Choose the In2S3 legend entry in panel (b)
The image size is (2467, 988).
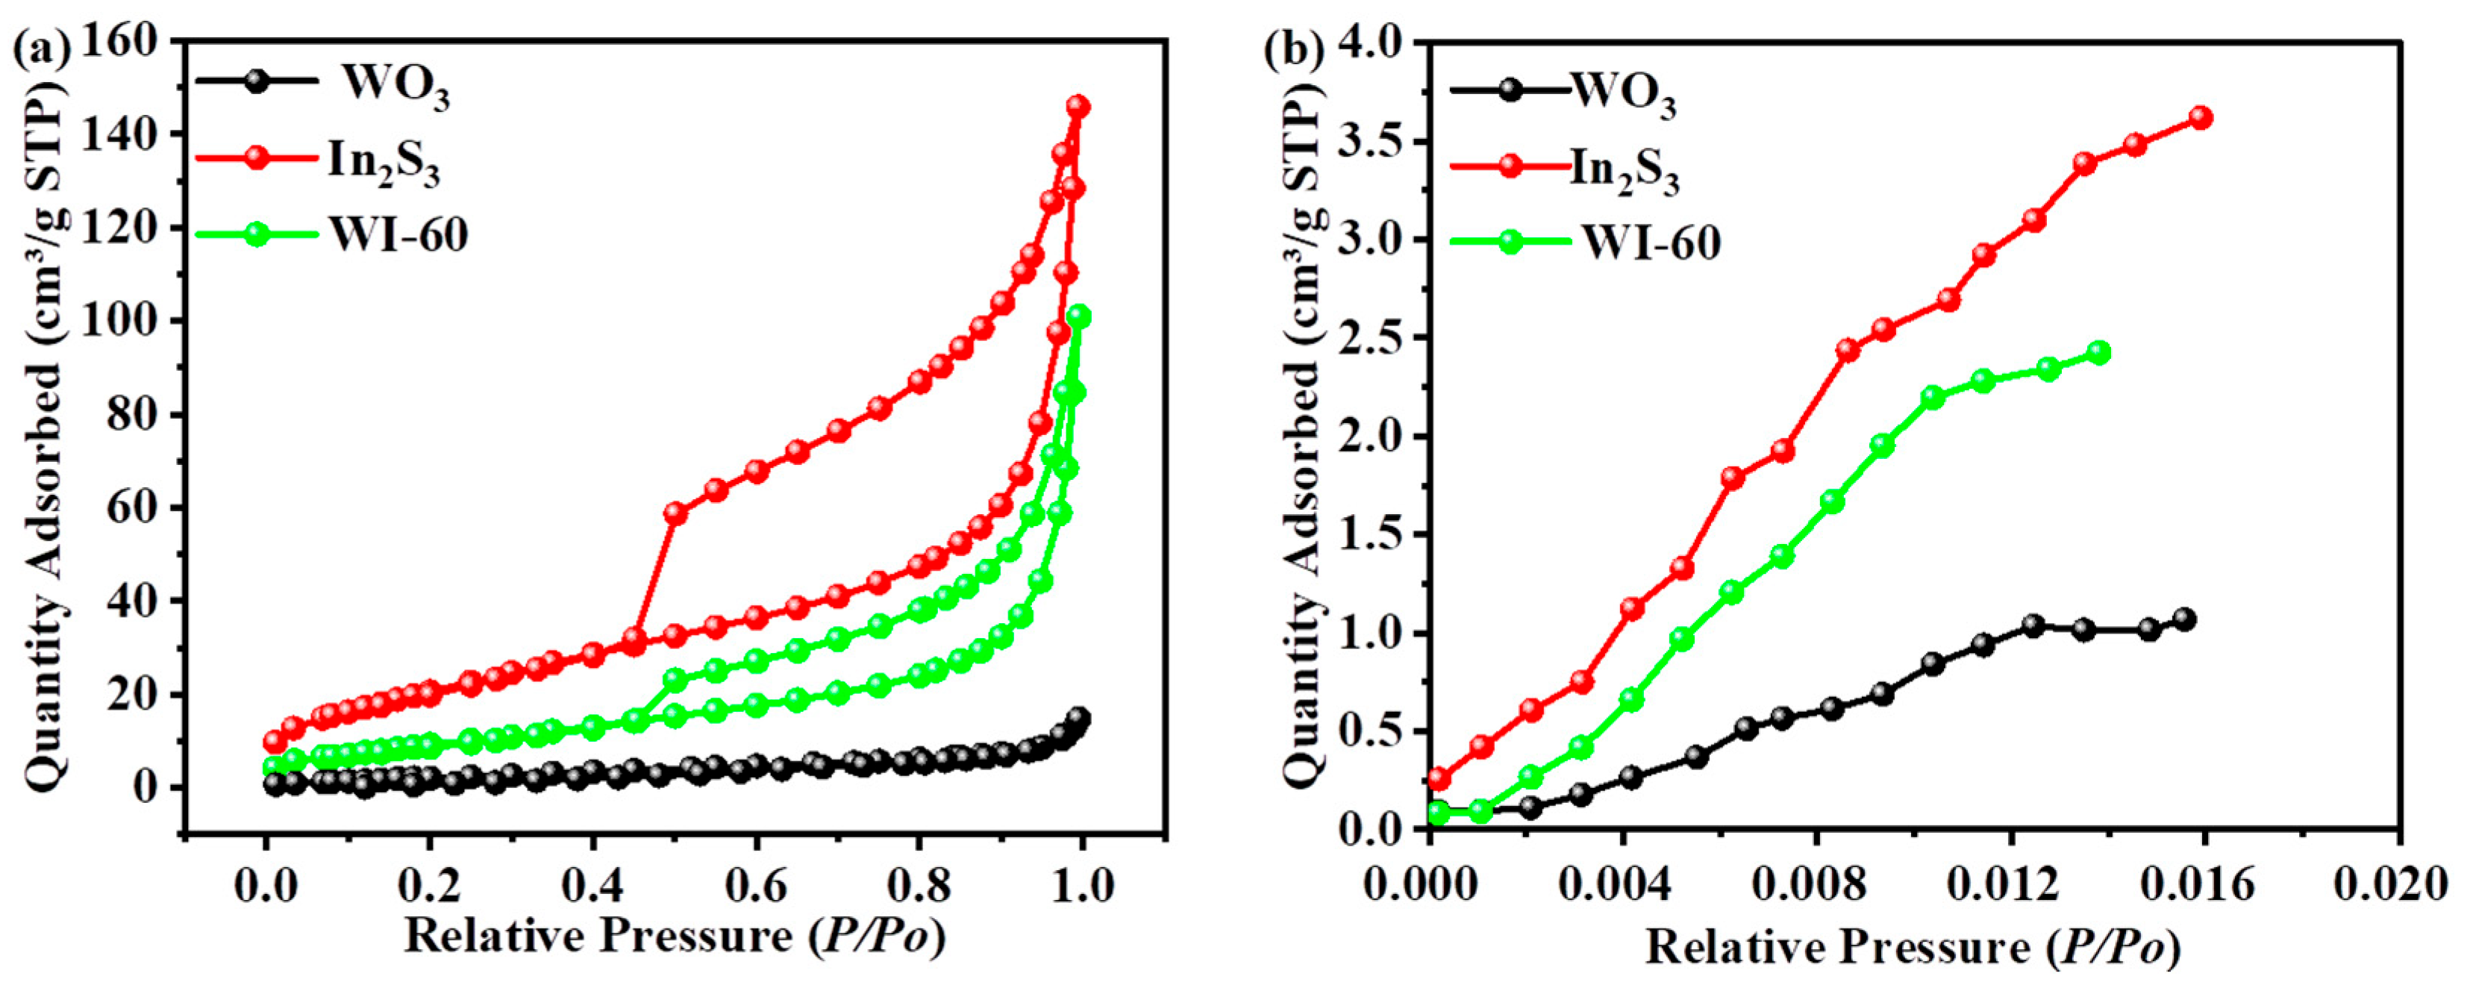1625,172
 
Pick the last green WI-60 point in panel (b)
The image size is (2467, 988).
2098,352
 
